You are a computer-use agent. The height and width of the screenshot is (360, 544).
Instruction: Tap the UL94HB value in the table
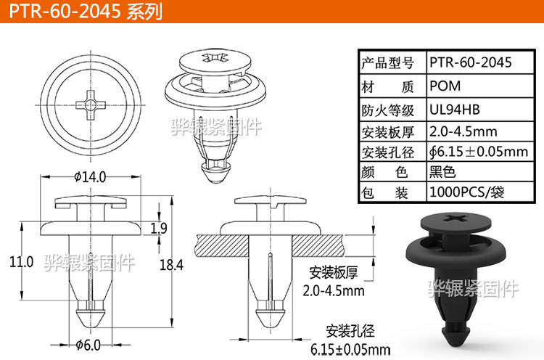(x=455, y=110)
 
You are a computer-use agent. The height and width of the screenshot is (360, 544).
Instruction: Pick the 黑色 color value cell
(x=442, y=173)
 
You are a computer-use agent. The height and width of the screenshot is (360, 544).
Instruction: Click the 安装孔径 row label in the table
(x=387, y=152)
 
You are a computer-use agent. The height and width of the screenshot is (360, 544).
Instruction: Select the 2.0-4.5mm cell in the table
(x=463, y=131)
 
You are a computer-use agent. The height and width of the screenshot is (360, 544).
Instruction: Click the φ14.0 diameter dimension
(x=90, y=176)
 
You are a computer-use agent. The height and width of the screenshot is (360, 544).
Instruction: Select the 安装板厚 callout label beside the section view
(x=334, y=274)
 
